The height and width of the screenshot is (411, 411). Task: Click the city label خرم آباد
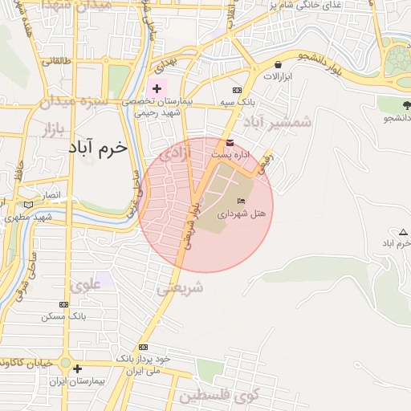(x=98, y=149)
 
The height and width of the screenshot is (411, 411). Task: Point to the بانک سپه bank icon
(x=237, y=91)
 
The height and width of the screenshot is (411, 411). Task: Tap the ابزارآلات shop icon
(x=278, y=65)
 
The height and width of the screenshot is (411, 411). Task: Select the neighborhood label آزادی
(x=177, y=154)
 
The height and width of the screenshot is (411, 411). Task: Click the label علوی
(x=86, y=284)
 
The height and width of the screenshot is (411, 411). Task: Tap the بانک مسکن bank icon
(x=63, y=305)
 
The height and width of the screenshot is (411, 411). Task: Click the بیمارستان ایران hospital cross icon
(x=77, y=368)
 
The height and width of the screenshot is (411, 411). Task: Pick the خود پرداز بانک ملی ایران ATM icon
(x=143, y=347)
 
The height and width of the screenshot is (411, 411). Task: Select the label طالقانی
(x=59, y=61)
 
